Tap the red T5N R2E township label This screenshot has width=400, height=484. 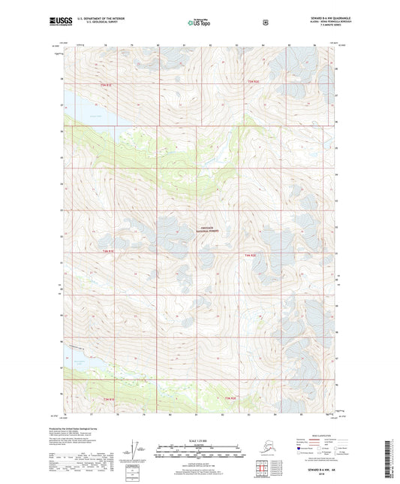coord(253,80)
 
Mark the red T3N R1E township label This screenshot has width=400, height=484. coord(109,398)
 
